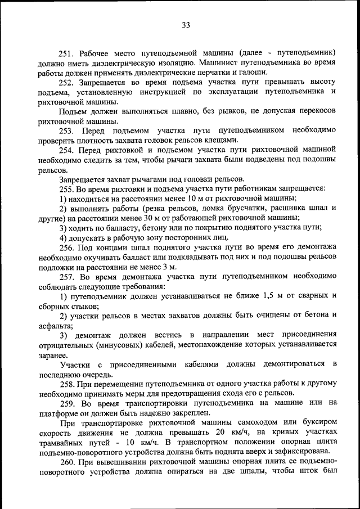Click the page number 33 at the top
click(x=186, y=25)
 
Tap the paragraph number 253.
click(x=67, y=130)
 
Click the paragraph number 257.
click(x=67, y=276)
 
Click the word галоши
click(x=254, y=72)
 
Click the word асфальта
click(x=54, y=325)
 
